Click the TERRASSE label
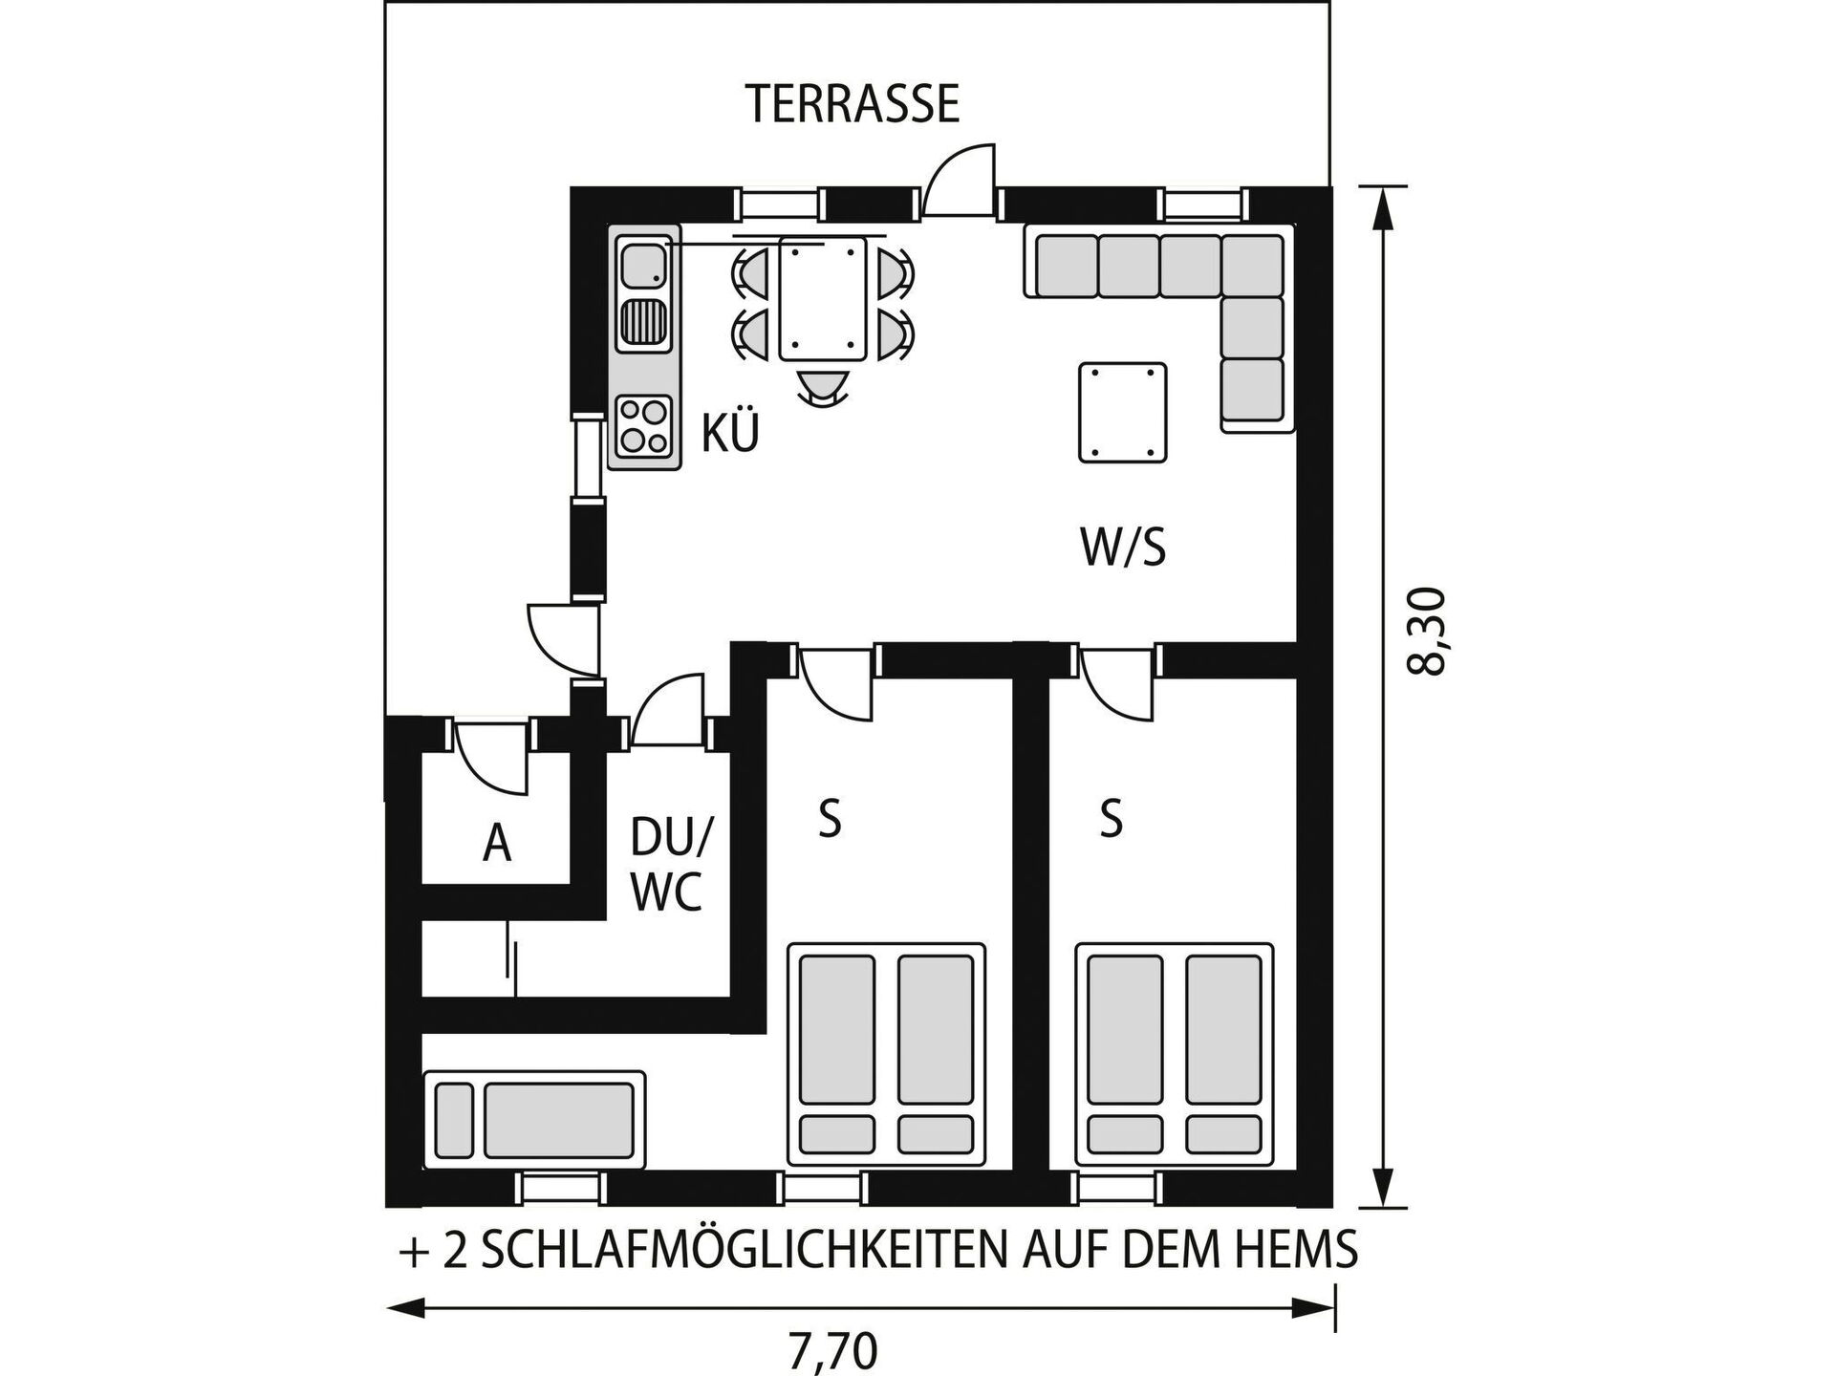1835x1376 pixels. (853, 104)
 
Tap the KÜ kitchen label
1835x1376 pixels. (730, 432)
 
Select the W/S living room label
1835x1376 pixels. (1123, 548)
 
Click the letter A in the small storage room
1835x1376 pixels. (497, 844)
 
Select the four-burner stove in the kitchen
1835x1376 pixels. (642, 426)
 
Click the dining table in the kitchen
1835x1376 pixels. (823, 298)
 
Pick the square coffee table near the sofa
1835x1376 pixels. (1123, 413)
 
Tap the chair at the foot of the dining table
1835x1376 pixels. (823, 387)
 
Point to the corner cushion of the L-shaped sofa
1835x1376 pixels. (1252, 266)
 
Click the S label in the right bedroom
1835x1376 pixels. (1111, 818)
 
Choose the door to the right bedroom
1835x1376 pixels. (1117, 682)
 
